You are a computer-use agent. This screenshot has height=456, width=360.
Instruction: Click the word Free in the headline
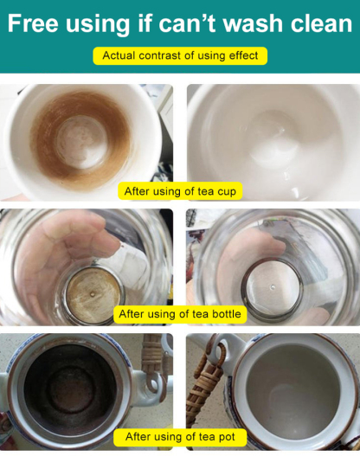point(33,23)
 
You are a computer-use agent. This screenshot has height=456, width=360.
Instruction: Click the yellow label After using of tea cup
point(180,191)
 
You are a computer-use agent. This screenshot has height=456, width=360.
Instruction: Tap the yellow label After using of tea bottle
point(180,314)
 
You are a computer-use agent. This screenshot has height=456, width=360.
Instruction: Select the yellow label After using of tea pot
point(180,437)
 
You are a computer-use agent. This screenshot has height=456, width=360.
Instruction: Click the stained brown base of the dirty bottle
point(93,295)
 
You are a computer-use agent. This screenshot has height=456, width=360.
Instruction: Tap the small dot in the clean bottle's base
point(273,286)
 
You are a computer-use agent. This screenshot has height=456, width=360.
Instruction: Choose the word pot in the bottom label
point(225,437)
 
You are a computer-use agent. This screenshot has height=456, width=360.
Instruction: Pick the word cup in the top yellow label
point(227,192)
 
